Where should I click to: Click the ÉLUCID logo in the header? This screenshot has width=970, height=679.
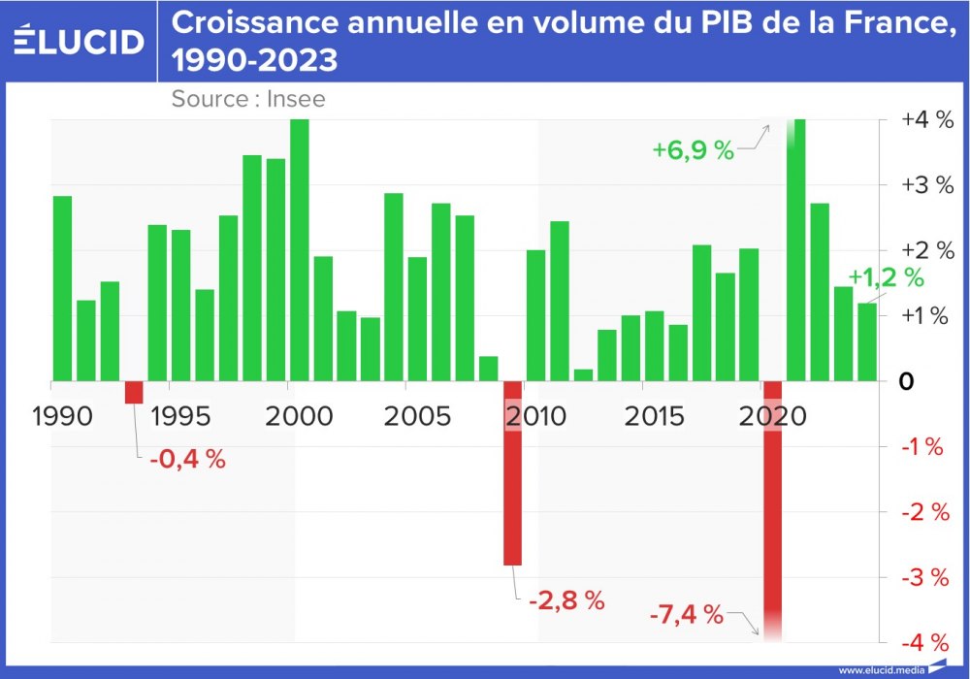pyautogui.click(x=78, y=41)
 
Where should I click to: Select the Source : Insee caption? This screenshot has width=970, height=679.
pyautogui.click(x=248, y=98)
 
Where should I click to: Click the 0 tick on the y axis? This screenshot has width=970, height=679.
pyautogui.click(x=906, y=381)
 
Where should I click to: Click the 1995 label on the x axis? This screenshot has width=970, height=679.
pyautogui.click(x=181, y=417)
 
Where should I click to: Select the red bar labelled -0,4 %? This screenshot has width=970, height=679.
pyautogui.click(x=134, y=392)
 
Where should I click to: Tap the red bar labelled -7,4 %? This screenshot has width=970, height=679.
pyautogui.click(x=773, y=504)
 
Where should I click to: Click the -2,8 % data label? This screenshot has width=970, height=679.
pyautogui.click(x=566, y=600)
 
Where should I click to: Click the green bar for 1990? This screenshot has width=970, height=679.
pyautogui.click(x=63, y=288)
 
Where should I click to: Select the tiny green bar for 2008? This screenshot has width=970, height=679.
pyautogui.click(x=489, y=369)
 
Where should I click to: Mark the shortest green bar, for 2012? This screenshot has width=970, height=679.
pyautogui.click(x=583, y=374)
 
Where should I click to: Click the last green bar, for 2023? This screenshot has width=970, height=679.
pyautogui.click(x=867, y=341)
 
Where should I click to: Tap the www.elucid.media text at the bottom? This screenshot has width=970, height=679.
pyautogui.click(x=881, y=669)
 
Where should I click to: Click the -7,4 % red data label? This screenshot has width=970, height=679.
pyautogui.click(x=687, y=614)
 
